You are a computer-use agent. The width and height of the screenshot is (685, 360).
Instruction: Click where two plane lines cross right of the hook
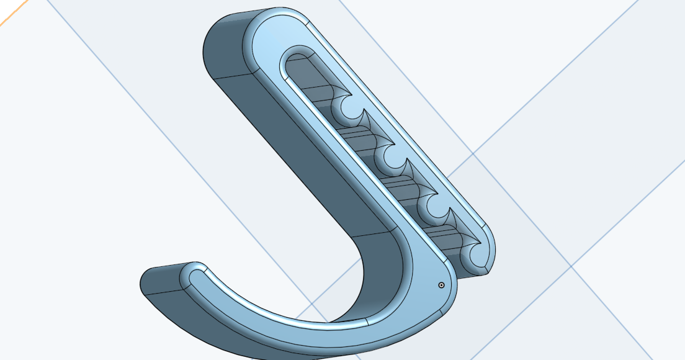point(571,267)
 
